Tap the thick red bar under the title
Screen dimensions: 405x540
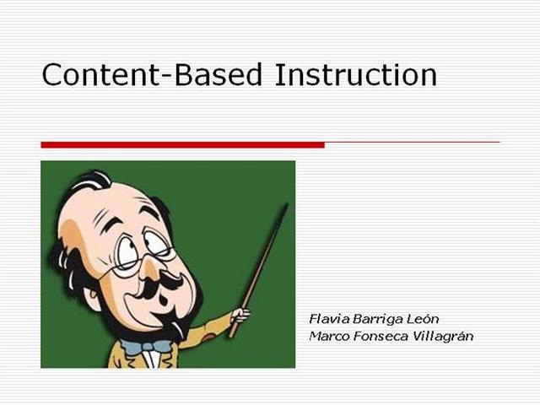[x=182, y=145]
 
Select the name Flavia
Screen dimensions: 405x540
[x=327, y=319]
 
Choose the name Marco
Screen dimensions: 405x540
[x=328, y=336]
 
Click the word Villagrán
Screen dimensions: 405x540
[x=444, y=336]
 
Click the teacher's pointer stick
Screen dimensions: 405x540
[x=262, y=262]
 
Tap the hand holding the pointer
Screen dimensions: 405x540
[x=240, y=316]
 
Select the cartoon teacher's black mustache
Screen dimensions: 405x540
[x=160, y=291]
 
